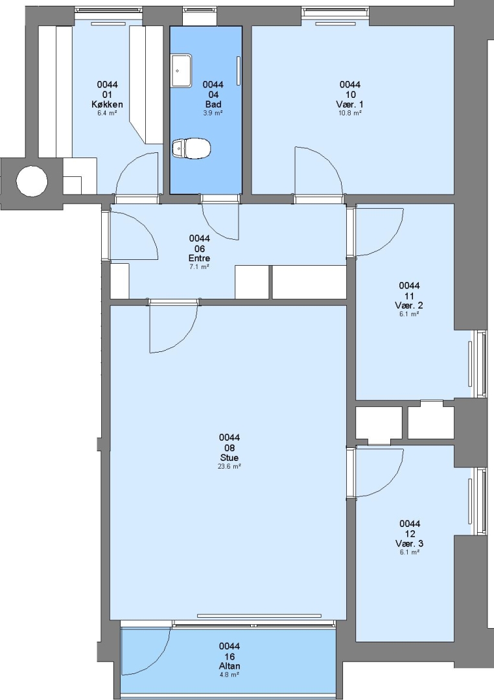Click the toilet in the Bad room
(x=191, y=148)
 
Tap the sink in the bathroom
(x=182, y=71)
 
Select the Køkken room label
(x=107, y=104)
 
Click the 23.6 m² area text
(x=229, y=466)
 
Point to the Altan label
(x=229, y=666)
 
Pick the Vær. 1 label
(x=349, y=104)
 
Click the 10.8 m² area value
(x=349, y=113)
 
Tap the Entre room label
(x=199, y=258)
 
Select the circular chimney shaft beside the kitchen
(x=32, y=181)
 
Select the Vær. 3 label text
(x=410, y=544)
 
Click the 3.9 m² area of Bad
(x=213, y=113)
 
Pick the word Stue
(x=229, y=458)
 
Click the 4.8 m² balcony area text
(x=229, y=674)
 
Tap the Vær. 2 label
(x=409, y=305)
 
